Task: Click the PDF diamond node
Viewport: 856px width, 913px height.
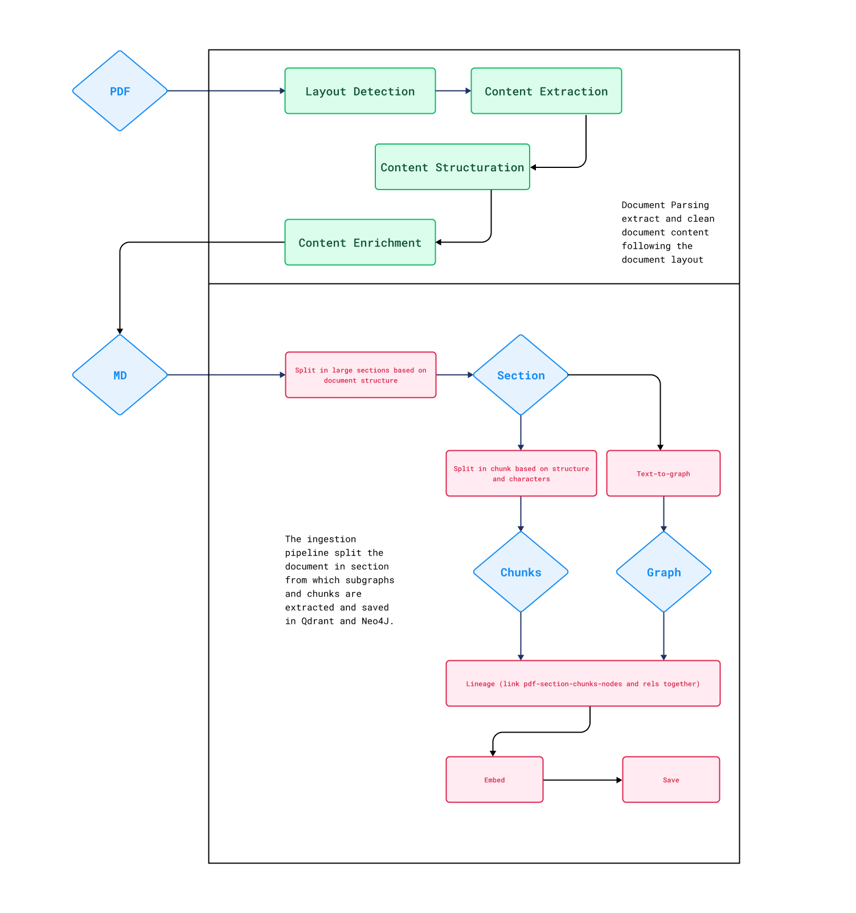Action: pyautogui.click(x=120, y=91)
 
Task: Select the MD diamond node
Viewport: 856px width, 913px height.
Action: pyautogui.click(x=120, y=375)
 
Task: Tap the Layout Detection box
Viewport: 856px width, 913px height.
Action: pyautogui.click(x=360, y=91)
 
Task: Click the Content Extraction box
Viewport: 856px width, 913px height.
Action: pyautogui.click(x=546, y=91)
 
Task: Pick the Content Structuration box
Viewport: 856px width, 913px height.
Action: pyautogui.click(x=452, y=167)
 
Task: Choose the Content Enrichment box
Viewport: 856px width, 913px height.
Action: pyautogui.click(x=360, y=242)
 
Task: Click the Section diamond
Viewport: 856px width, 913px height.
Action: pyautogui.click(x=521, y=375)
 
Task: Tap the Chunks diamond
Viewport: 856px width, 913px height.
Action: pyautogui.click(x=521, y=572)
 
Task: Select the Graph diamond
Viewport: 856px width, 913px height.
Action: pyautogui.click(x=663, y=572)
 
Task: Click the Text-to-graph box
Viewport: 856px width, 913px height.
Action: pyautogui.click(x=663, y=474)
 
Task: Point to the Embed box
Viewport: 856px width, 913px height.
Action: pyautogui.click(x=494, y=780)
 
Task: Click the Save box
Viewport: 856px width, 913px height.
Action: pyautogui.click(x=671, y=780)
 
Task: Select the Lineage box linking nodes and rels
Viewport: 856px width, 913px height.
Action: pyautogui.click(x=583, y=684)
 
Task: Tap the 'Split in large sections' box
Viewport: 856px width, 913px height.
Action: pyautogui.click(x=361, y=375)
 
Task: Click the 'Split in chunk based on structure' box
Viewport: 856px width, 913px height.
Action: pyautogui.click(x=521, y=474)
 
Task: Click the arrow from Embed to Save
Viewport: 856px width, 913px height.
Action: pyautogui.click(x=582, y=780)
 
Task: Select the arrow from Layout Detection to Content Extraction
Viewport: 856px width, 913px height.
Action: pyautogui.click(x=453, y=91)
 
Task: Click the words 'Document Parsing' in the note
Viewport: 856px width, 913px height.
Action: pyautogui.click(x=665, y=205)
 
